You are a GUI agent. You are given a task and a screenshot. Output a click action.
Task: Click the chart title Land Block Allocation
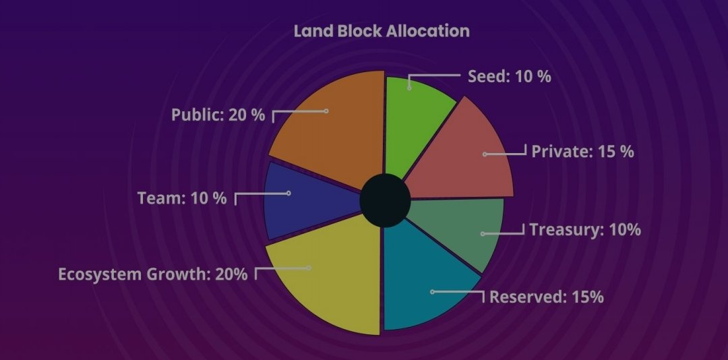(381, 31)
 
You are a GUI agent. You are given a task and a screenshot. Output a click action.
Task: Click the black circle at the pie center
(385, 200)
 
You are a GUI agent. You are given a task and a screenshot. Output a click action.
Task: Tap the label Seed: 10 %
(510, 76)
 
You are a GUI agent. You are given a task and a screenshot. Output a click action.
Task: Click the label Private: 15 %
(582, 151)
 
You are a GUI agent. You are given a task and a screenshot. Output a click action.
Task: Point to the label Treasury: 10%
(584, 230)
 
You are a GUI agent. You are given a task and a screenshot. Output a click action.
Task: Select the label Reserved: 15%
(546, 297)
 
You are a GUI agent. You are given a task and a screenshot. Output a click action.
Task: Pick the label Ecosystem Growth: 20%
(153, 274)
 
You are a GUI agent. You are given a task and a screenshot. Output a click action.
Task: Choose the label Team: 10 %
(182, 199)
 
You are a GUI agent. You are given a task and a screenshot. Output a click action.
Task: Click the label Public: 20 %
(218, 115)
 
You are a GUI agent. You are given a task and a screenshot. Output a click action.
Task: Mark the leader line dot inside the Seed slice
(409, 86)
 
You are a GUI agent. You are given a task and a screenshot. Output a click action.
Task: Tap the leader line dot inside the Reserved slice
(432, 292)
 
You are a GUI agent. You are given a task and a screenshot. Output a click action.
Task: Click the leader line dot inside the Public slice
(326, 111)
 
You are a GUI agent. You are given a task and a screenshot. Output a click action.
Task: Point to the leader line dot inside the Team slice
(289, 193)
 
